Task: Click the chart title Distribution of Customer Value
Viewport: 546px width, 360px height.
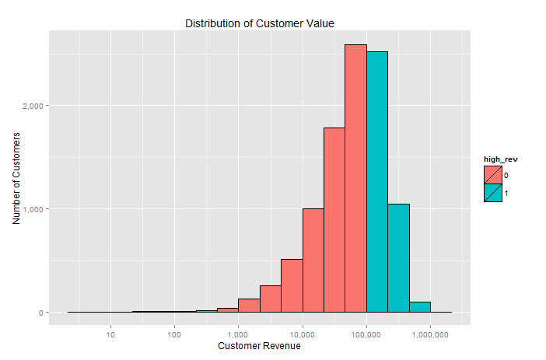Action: (x=260, y=23)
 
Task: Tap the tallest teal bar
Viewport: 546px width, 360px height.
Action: (x=377, y=182)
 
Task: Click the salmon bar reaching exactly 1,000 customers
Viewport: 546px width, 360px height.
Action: (x=313, y=260)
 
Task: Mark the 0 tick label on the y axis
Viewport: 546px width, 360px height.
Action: (x=42, y=313)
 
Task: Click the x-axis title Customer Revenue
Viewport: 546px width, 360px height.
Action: (x=259, y=346)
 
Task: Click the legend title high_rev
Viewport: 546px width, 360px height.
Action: (x=501, y=159)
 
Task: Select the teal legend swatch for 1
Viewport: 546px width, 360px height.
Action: (x=492, y=193)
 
